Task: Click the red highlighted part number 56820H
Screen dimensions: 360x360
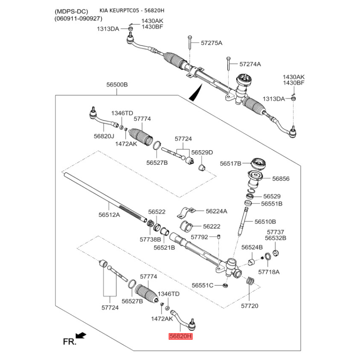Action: coord(180,336)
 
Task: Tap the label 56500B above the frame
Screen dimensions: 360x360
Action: coord(117,85)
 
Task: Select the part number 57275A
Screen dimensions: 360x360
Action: coord(211,43)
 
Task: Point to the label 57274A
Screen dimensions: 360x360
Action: coord(250,64)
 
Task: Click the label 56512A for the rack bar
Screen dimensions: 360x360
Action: coord(109,215)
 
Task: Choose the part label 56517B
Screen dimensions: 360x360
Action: coord(231,163)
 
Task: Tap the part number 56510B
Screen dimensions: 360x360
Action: coord(265,221)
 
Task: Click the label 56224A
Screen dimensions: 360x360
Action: coord(216,211)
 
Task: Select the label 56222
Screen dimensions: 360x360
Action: coord(211,226)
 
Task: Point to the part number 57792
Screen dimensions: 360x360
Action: coord(200,237)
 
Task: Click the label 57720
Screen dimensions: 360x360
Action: coord(250,306)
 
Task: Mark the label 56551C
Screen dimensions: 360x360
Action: coord(203,285)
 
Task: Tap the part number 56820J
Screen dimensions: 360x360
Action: coord(104,135)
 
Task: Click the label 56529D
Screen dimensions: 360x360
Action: coord(202,152)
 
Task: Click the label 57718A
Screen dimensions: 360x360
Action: coord(269,272)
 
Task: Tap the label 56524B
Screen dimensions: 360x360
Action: coord(252,247)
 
